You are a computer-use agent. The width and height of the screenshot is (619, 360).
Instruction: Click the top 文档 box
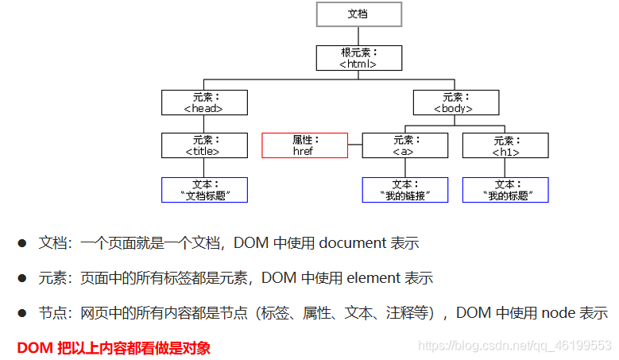[x=358, y=14]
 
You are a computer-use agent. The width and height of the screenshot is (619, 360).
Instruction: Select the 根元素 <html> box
[x=358, y=58]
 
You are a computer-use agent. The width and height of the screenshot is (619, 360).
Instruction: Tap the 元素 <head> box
[x=204, y=103]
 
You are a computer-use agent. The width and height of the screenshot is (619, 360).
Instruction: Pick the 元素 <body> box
[x=456, y=103]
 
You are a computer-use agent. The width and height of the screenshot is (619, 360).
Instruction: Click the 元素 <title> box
[x=204, y=145]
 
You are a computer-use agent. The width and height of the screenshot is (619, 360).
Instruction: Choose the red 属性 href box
[x=304, y=145]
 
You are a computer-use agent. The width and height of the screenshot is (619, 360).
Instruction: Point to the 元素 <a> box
[x=405, y=145]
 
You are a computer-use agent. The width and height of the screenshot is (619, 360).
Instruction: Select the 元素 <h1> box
[x=505, y=145]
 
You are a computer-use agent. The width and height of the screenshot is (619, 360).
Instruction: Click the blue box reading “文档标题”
[x=204, y=190]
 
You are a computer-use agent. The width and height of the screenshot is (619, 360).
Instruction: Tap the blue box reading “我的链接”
[x=405, y=190]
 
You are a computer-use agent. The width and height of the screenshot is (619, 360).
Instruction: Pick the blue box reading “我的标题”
[x=505, y=190]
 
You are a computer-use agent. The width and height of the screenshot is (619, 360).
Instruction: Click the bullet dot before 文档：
[x=23, y=243]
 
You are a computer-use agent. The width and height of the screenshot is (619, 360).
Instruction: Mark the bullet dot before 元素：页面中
[x=23, y=278]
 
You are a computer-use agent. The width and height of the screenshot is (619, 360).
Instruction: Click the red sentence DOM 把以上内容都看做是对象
[x=114, y=347]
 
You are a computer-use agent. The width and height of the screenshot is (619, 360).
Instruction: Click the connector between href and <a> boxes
[x=354, y=145]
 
